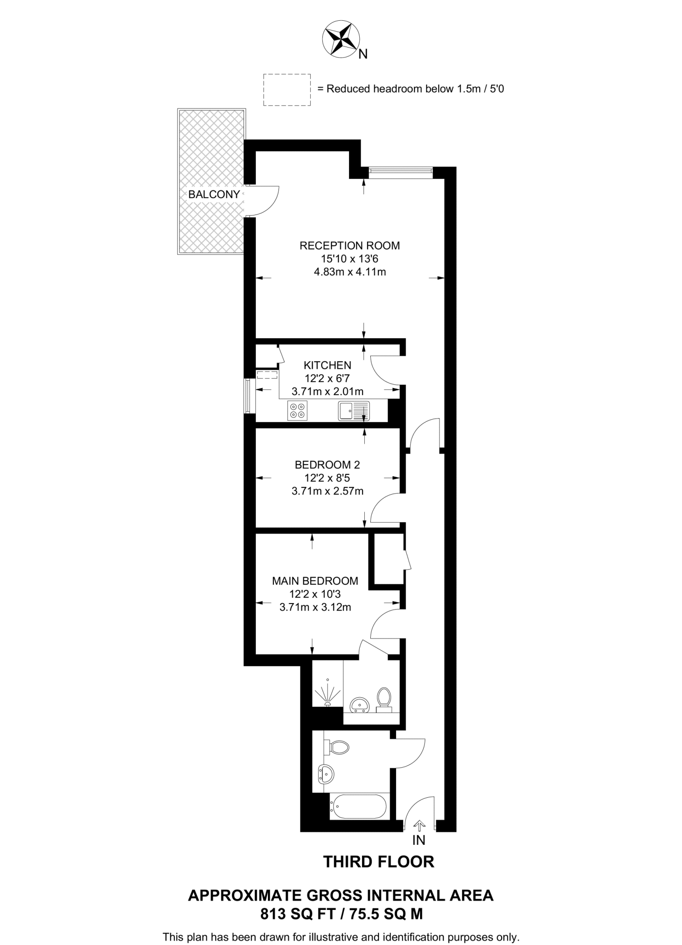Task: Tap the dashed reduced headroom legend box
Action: [x=286, y=90]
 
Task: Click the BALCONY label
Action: [x=214, y=195]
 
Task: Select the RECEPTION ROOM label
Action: [x=350, y=245]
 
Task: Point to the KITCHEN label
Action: [x=327, y=365]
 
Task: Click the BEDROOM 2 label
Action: [x=327, y=465]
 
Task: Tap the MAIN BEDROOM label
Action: [x=315, y=581]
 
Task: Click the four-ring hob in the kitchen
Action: [x=297, y=411]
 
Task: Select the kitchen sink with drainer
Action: [x=354, y=411]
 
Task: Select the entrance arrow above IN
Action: [x=419, y=824]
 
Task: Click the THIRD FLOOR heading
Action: [x=379, y=861]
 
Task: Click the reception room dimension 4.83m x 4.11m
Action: [x=350, y=272]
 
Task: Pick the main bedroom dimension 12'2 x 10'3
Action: [x=315, y=594]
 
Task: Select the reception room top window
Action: [x=400, y=172]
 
